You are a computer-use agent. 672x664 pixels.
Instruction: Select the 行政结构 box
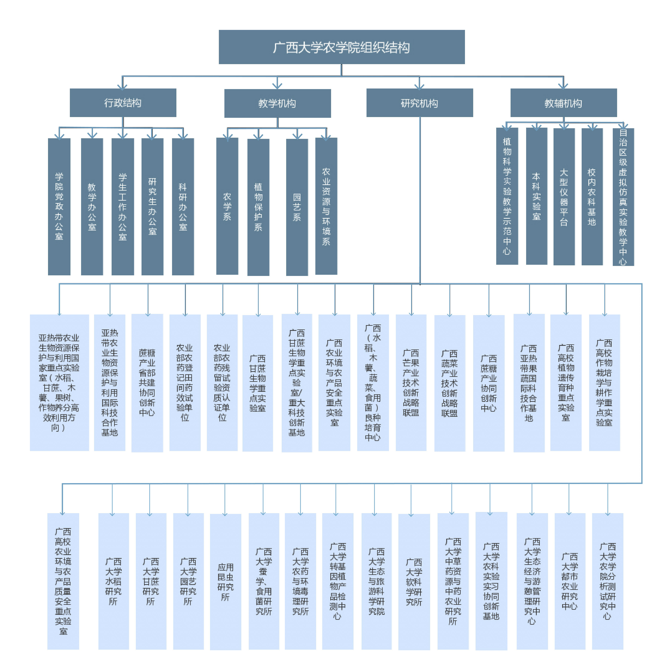pyautogui.click(x=123, y=103)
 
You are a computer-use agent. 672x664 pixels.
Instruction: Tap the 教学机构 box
pyautogui.click(x=277, y=103)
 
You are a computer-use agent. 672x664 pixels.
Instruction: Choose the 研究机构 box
pyautogui.click(x=419, y=103)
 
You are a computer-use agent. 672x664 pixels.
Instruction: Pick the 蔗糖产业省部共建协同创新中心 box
pyautogui.click(x=147, y=382)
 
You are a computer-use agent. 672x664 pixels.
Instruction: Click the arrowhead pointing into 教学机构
pyautogui.click(x=277, y=86)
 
